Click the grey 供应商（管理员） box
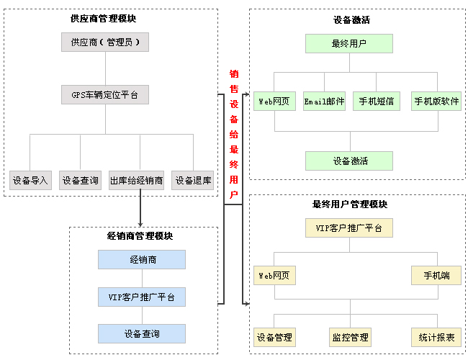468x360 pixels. pyautogui.click(x=105, y=42)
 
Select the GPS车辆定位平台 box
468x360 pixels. pyautogui.click(x=105, y=94)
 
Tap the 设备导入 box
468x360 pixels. pyautogui.click(x=30, y=180)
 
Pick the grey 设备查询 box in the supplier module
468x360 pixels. pyautogui.click(x=80, y=180)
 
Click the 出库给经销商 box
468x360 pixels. pyautogui.click(x=137, y=180)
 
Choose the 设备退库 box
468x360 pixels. pyautogui.click(x=193, y=180)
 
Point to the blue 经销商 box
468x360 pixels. pyautogui.click(x=142, y=259)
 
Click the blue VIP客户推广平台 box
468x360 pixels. pyautogui.click(x=142, y=296)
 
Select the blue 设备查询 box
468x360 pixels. pyautogui.click(x=142, y=333)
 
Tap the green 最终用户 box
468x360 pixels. pyautogui.click(x=349, y=43)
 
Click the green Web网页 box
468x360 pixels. pyautogui.click(x=274, y=102)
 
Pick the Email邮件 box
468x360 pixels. pyautogui.click(x=324, y=102)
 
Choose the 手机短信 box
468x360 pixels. pyautogui.click(x=377, y=102)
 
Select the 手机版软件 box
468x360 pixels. pyautogui.click(x=436, y=102)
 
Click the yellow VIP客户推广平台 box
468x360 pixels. pyautogui.click(x=349, y=228)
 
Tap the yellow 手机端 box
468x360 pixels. pyautogui.click(x=436, y=275)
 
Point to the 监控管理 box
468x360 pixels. pyautogui.click(x=350, y=336)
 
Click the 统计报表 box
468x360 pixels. pyautogui.click(x=436, y=336)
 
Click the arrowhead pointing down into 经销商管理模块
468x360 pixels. pyautogui.click(x=140, y=222)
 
